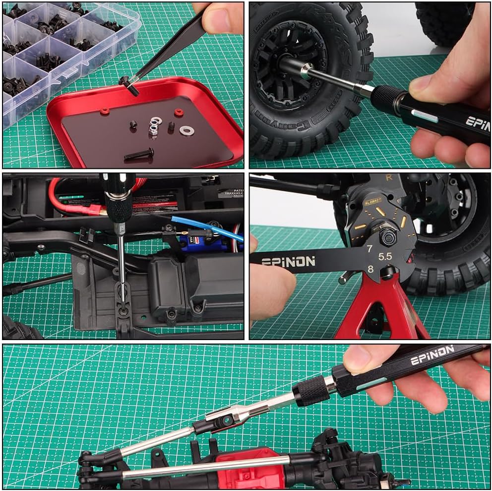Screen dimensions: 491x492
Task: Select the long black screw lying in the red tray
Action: (139, 154)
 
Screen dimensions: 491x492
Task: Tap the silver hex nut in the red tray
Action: (153, 130)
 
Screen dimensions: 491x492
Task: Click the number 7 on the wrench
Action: (369, 249)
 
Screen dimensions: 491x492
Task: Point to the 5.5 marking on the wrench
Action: (385, 257)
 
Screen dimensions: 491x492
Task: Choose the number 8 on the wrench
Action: (370, 270)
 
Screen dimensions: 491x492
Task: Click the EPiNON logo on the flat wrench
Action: (288, 261)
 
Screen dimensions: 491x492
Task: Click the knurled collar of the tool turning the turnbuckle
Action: (311, 391)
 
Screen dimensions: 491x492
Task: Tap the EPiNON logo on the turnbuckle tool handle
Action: (431, 355)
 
